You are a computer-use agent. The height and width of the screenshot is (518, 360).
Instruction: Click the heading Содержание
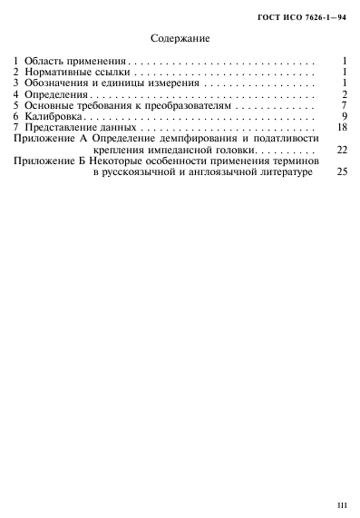click(x=179, y=39)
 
